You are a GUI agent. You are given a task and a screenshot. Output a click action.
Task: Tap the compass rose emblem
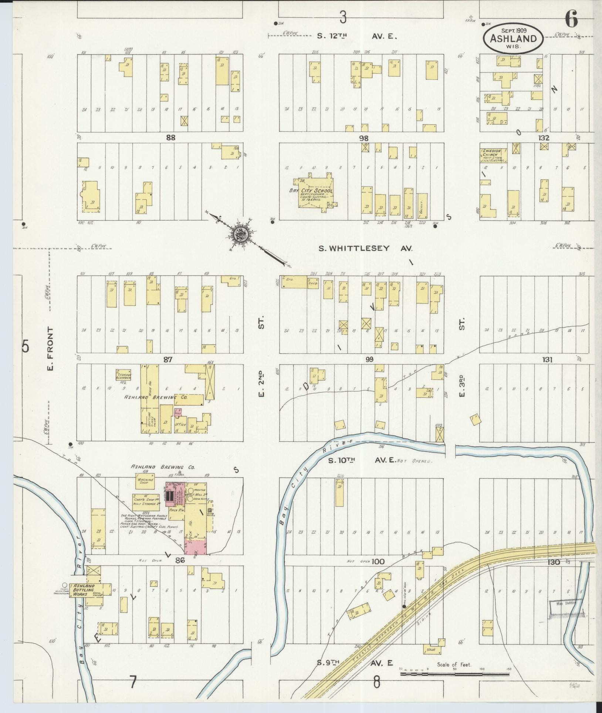(240, 234)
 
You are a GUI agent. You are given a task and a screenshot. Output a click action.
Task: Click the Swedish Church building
(493, 155)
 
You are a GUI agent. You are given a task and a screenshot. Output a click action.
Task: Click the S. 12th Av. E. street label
(357, 37)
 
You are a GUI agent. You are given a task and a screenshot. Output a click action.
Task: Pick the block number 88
(170, 138)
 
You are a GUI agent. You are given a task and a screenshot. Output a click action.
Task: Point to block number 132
(544, 138)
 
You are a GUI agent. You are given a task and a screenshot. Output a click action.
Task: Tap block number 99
(369, 359)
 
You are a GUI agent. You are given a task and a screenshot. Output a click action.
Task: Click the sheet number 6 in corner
(571, 20)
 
